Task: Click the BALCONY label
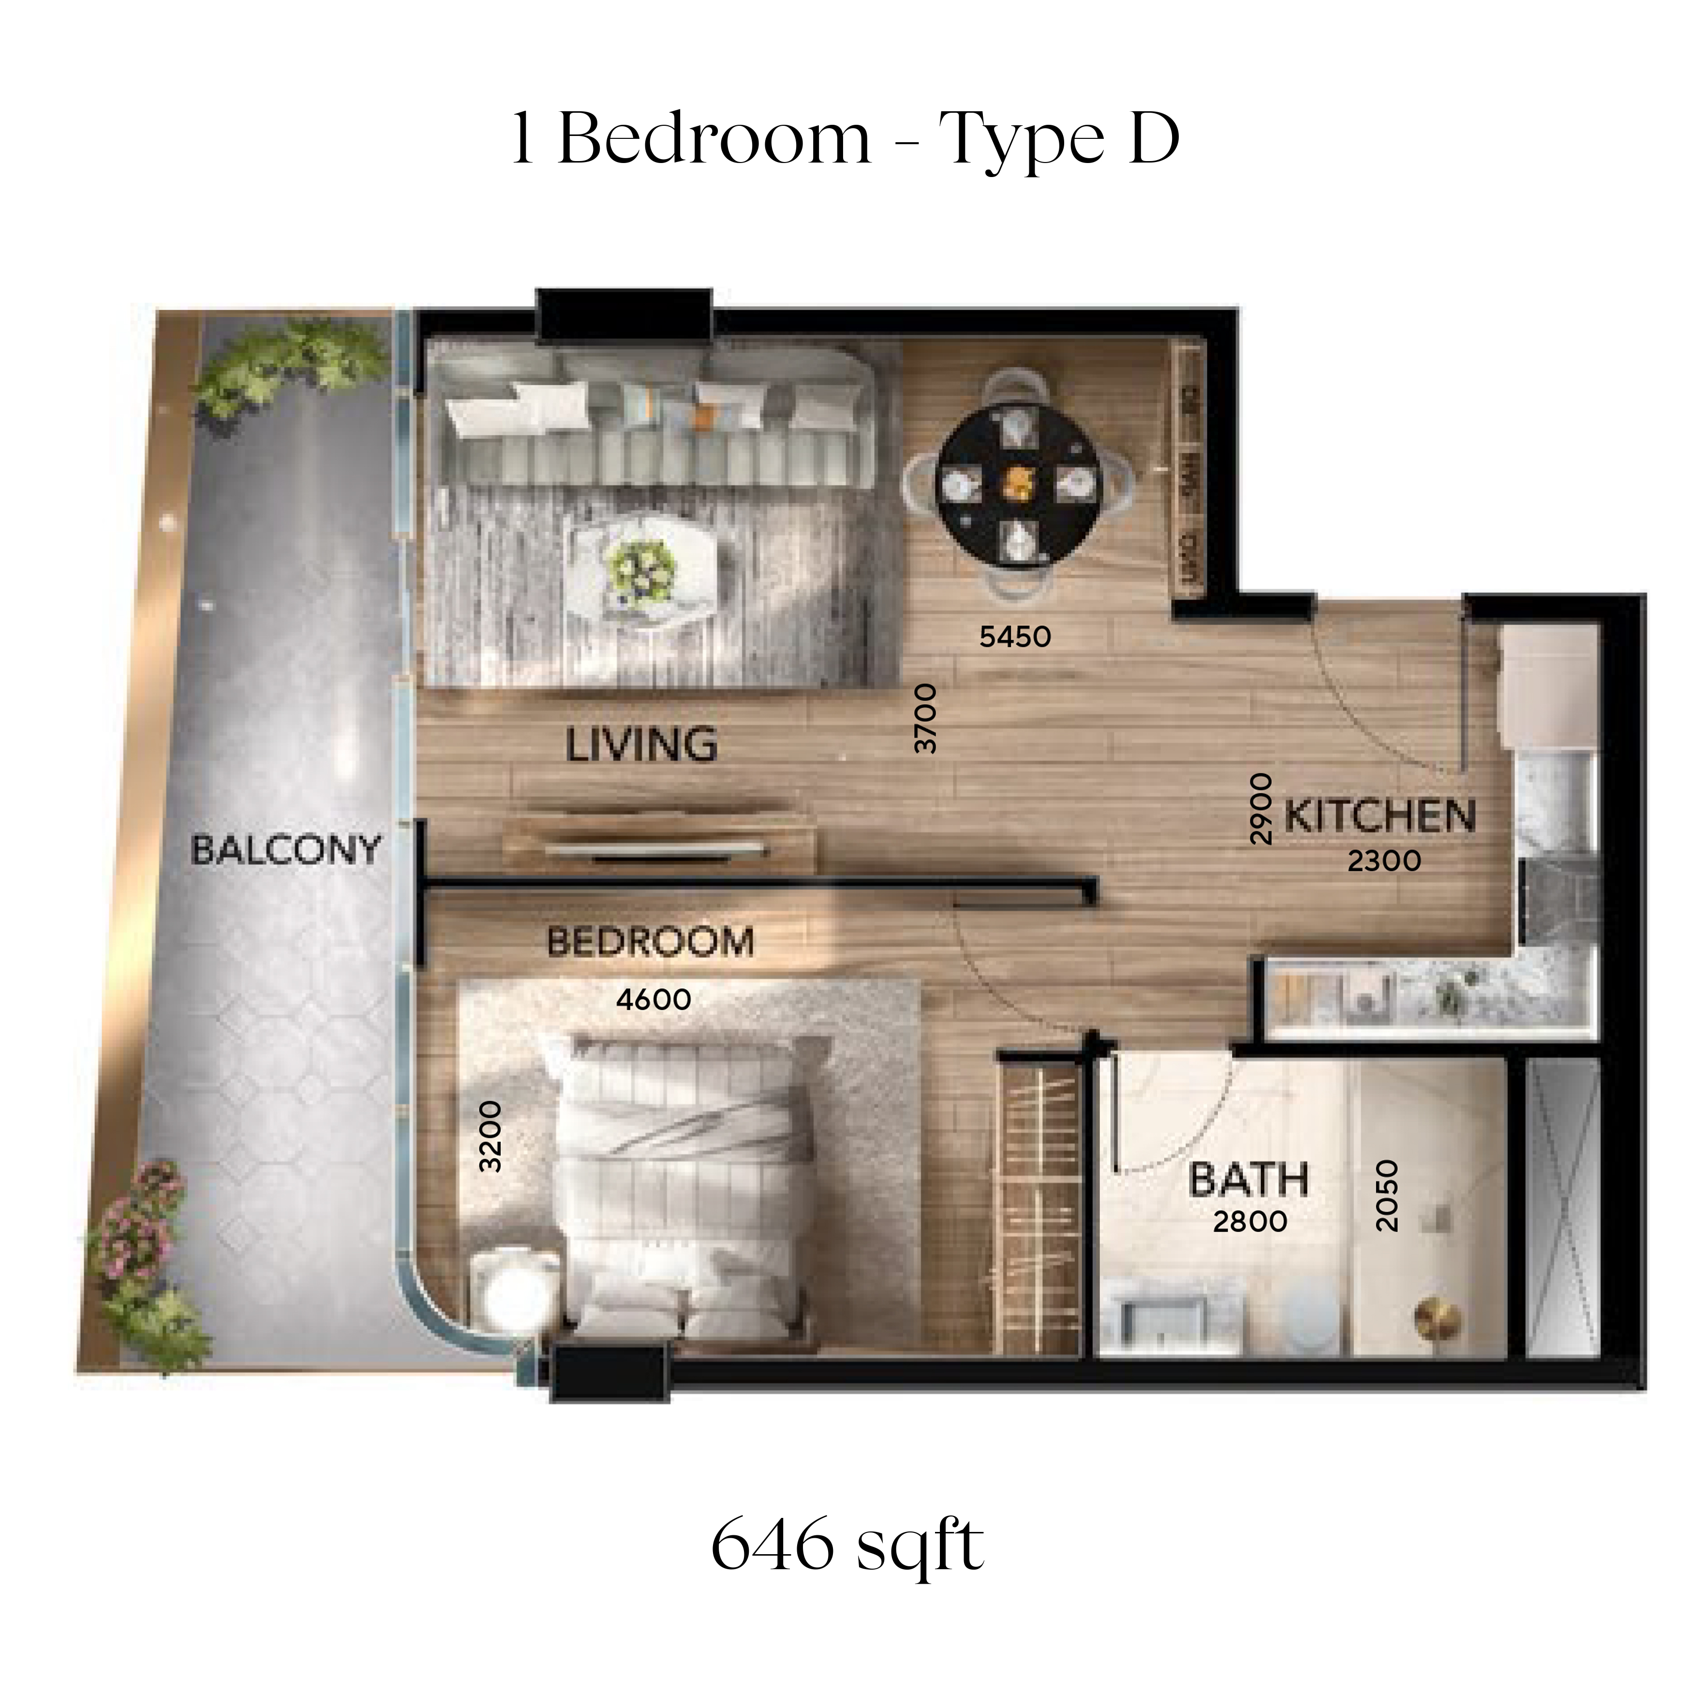coord(286,850)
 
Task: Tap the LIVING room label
coord(641,745)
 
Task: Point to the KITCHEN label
coord(1380,816)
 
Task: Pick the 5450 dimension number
coord(1015,637)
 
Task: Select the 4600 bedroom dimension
coord(653,999)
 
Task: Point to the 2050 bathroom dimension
coord(1387,1196)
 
